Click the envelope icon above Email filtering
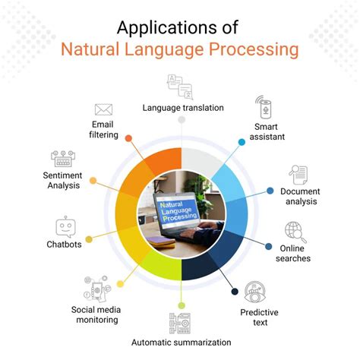coord(103,110)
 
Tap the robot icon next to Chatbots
coord(65,228)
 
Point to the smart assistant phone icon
coord(262,106)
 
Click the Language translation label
coord(183,108)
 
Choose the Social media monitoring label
coord(95,314)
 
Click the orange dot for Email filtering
coord(129,138)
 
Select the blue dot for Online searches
coord(270,245)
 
